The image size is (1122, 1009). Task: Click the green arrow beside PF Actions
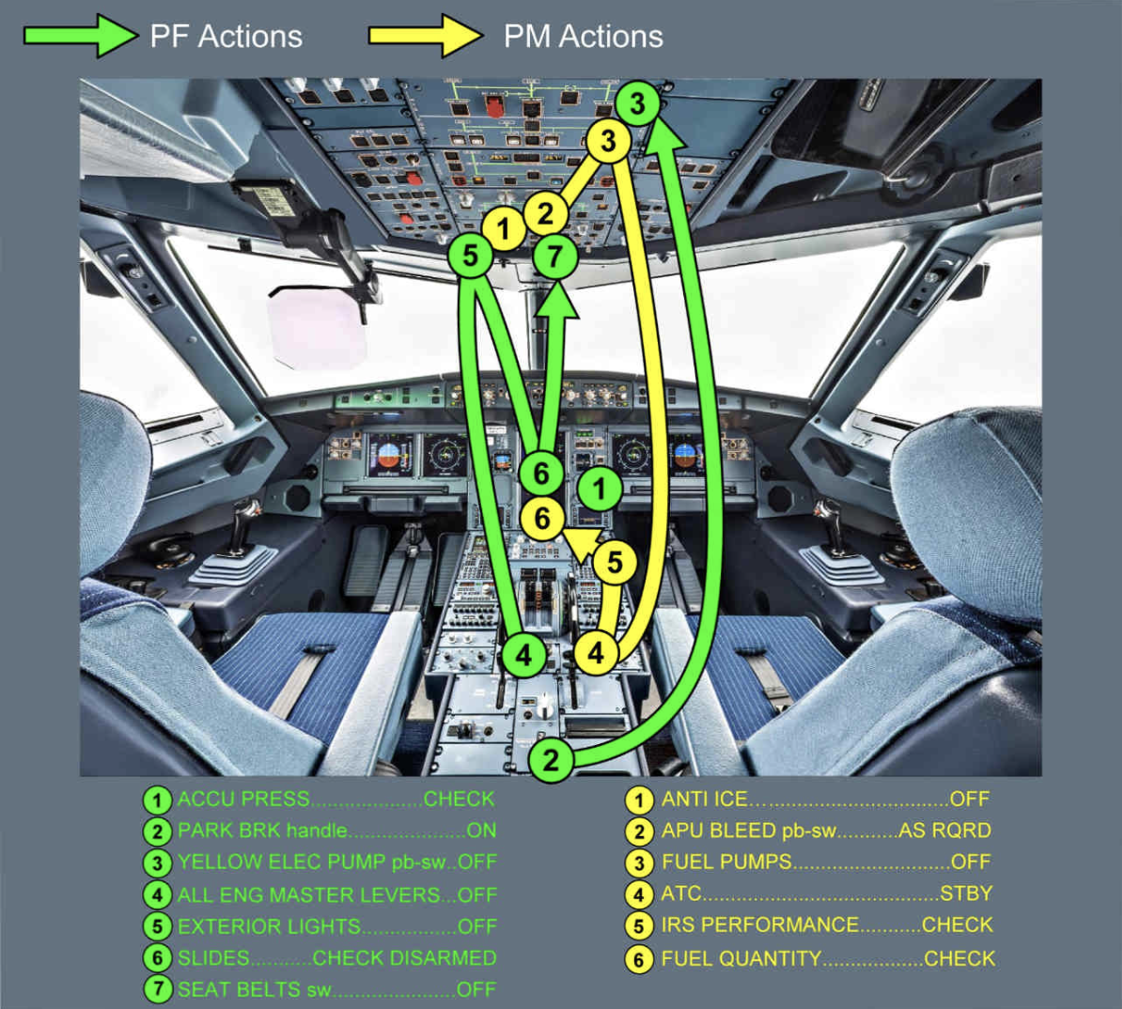point(80,37)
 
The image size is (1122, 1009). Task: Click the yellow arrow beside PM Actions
point(425,37)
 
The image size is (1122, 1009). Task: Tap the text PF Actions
point(226,37)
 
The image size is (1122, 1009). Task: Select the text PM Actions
point(583,37)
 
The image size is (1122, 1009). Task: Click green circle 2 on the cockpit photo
point(551,759)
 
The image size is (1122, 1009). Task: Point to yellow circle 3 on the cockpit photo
point(609,141)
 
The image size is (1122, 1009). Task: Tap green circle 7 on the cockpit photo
point(555,256)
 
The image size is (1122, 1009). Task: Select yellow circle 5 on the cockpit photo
point(614,562)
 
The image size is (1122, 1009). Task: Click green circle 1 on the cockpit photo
point(600,489)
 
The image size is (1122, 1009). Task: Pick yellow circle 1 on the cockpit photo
point(504,229)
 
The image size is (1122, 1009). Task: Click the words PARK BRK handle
point(262,831)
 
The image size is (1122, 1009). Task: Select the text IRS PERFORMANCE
point(759,924)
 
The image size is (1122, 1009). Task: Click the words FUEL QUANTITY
point(740,958)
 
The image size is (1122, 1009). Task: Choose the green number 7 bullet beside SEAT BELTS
point(157,989)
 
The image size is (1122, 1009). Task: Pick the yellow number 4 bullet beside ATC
point(639,894)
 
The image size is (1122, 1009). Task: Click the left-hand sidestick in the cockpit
point(247,522)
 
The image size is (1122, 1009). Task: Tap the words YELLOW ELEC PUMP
point(280,862)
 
